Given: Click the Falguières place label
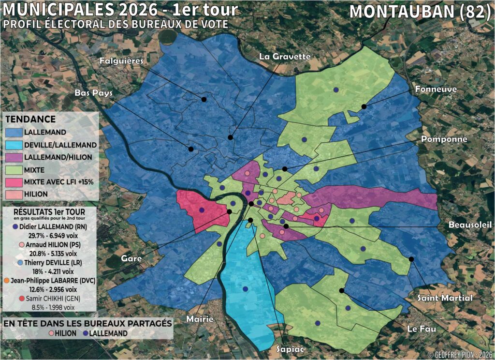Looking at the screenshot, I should (x=121, y=61).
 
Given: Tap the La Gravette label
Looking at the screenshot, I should (x=284, y=57).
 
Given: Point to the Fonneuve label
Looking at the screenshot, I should (x=436, y=90).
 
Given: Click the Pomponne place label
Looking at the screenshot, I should (x=444, y=139).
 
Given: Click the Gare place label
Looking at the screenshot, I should (x=132, y=259).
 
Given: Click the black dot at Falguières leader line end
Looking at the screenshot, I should (x=204, y=99).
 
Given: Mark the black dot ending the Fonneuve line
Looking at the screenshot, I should (x=363, y=106).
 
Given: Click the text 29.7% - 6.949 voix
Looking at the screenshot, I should (x=49, y=234).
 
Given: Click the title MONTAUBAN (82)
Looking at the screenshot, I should (x=420, y=12).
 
